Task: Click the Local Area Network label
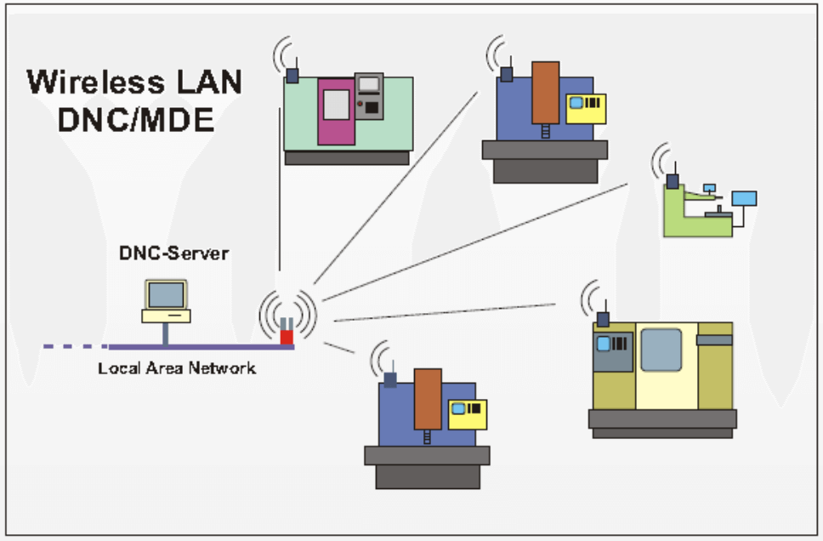click(x=177, y=368)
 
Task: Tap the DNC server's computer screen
click(x=166, y=295)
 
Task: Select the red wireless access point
click(x=287, y=338)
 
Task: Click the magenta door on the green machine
click(x=336, y=111)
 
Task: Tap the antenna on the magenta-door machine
click(x=292, y=74)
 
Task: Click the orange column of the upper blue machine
click(x=545, y=92)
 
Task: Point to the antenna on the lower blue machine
click(x=390, y=379)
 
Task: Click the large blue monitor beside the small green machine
click(x=744, y=199)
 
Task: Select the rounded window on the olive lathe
click(x=661, y=350)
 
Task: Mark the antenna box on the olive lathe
click(x=604, y=319)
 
